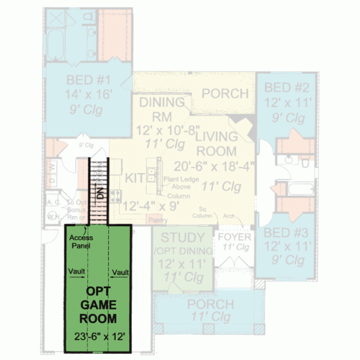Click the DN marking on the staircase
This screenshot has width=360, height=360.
101,193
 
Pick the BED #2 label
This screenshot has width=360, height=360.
286,88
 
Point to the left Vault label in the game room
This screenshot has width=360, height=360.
77,272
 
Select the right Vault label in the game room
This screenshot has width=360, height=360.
121,272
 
